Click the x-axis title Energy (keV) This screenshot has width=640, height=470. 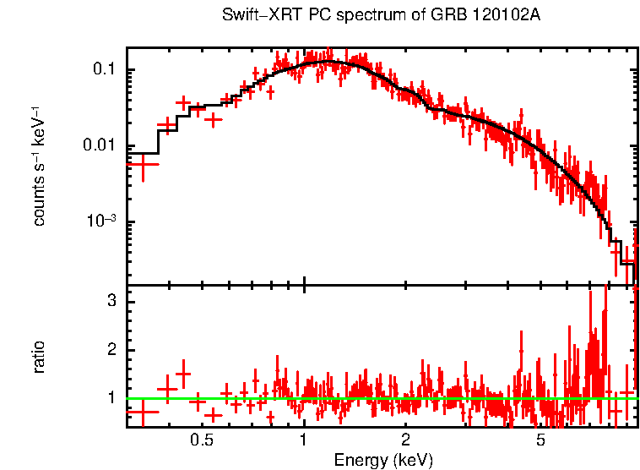click(383, 460)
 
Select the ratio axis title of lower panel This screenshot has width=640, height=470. click(39, 356)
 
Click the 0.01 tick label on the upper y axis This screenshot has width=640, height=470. click(102, 145)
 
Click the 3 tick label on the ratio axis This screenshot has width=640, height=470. click(111, 302)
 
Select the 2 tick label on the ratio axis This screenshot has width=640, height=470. click(111, 350)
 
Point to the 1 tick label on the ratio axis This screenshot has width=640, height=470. click(111, 397)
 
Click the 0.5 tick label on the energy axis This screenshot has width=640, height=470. click(201, 440)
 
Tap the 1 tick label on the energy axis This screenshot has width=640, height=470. click(303, 440)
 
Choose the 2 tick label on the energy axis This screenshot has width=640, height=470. click(405, 440)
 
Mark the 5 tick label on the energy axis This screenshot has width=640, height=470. click(540, 440)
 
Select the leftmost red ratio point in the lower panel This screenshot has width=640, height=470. click(143, 412)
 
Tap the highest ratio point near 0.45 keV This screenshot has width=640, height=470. click(182, 373)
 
